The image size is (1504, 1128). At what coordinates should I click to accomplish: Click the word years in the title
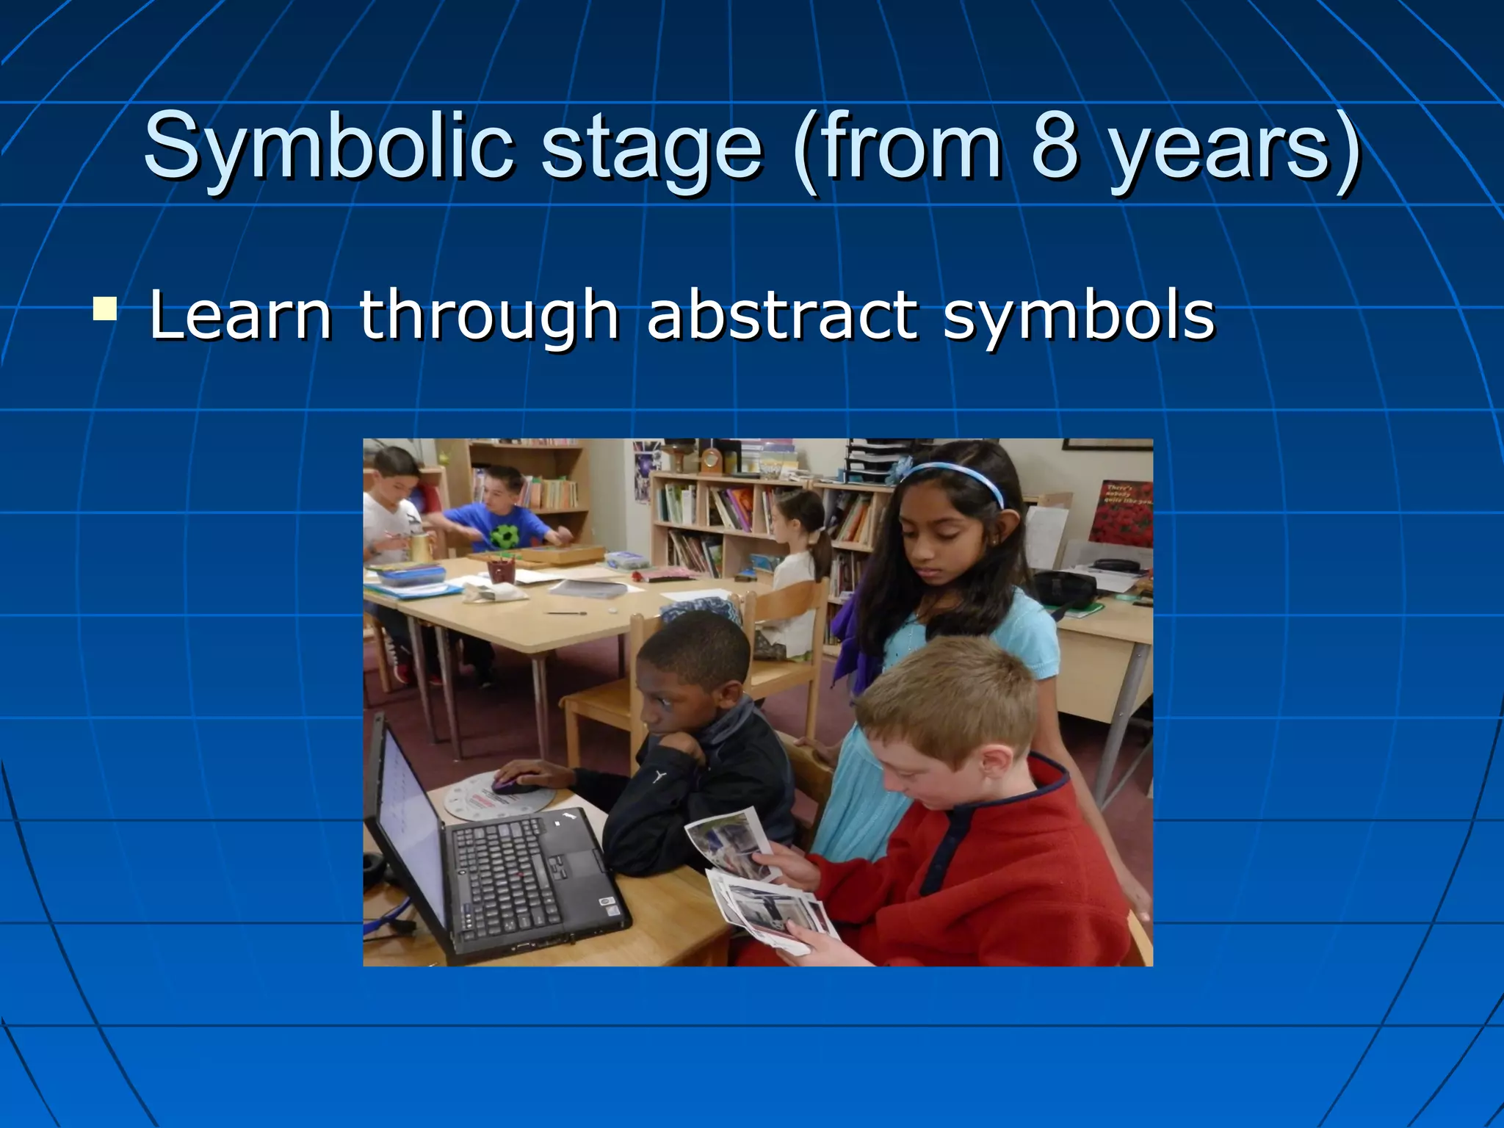[1219, 150]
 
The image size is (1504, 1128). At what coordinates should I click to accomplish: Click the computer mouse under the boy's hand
[514, 784]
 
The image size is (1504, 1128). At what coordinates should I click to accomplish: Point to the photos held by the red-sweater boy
[764, 881]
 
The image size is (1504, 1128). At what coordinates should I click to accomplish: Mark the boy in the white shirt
[389, 514]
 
